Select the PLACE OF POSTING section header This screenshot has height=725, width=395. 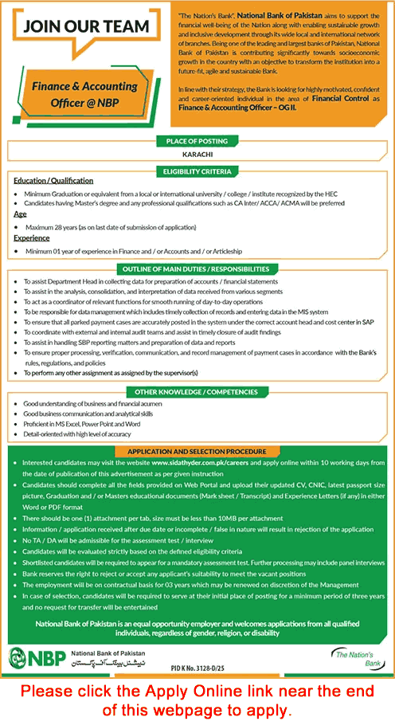197,141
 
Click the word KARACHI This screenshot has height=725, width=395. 197,155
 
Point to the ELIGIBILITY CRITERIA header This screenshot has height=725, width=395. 197,170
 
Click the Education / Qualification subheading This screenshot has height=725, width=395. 53,181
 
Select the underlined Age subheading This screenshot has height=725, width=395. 20,214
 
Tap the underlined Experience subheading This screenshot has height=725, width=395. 31,237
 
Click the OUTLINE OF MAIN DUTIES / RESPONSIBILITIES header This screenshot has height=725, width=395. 197,269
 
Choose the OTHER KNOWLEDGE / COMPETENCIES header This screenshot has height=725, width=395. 197,391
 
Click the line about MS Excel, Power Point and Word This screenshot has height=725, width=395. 82,425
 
